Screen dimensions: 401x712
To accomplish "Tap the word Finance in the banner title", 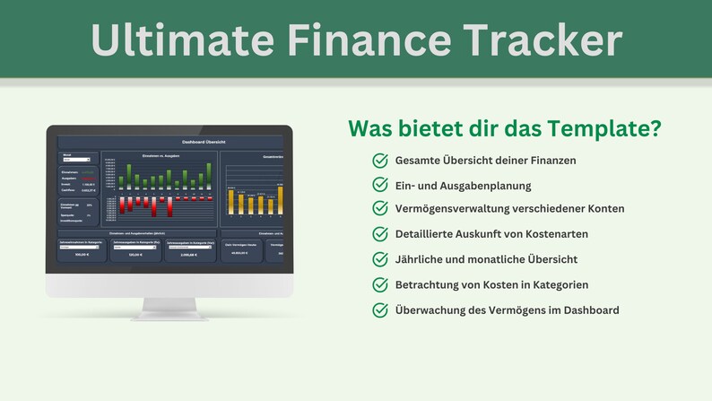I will (359, 40).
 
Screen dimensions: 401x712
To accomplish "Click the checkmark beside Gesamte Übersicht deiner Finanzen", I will (379, 161).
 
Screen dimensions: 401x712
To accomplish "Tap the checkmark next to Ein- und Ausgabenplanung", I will (379, 185).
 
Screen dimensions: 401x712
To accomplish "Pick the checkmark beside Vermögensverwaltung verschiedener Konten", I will (379, 208).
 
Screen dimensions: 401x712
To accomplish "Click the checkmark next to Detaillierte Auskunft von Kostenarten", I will (379, 233).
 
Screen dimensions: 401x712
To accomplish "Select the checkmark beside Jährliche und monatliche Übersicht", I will (379, 259).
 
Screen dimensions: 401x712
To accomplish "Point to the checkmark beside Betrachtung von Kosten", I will (379, 284).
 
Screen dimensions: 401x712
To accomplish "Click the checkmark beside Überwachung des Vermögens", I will (379, 310).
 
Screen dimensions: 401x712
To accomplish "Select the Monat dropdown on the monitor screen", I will (76, 160).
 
